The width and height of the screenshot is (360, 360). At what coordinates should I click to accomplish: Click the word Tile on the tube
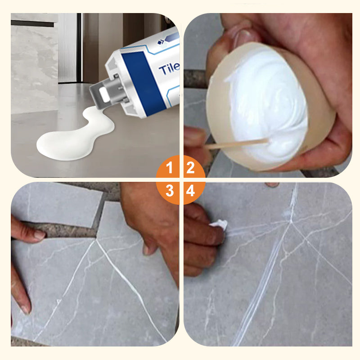click(169, 68)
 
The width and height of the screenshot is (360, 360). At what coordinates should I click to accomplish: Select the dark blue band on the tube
click(144, 83)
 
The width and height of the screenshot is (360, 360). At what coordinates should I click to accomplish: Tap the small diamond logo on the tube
click(161, 42)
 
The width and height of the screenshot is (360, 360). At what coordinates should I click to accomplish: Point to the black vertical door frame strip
click(79, 48)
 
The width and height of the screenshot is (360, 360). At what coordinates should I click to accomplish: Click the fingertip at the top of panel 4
click(272, 184)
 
